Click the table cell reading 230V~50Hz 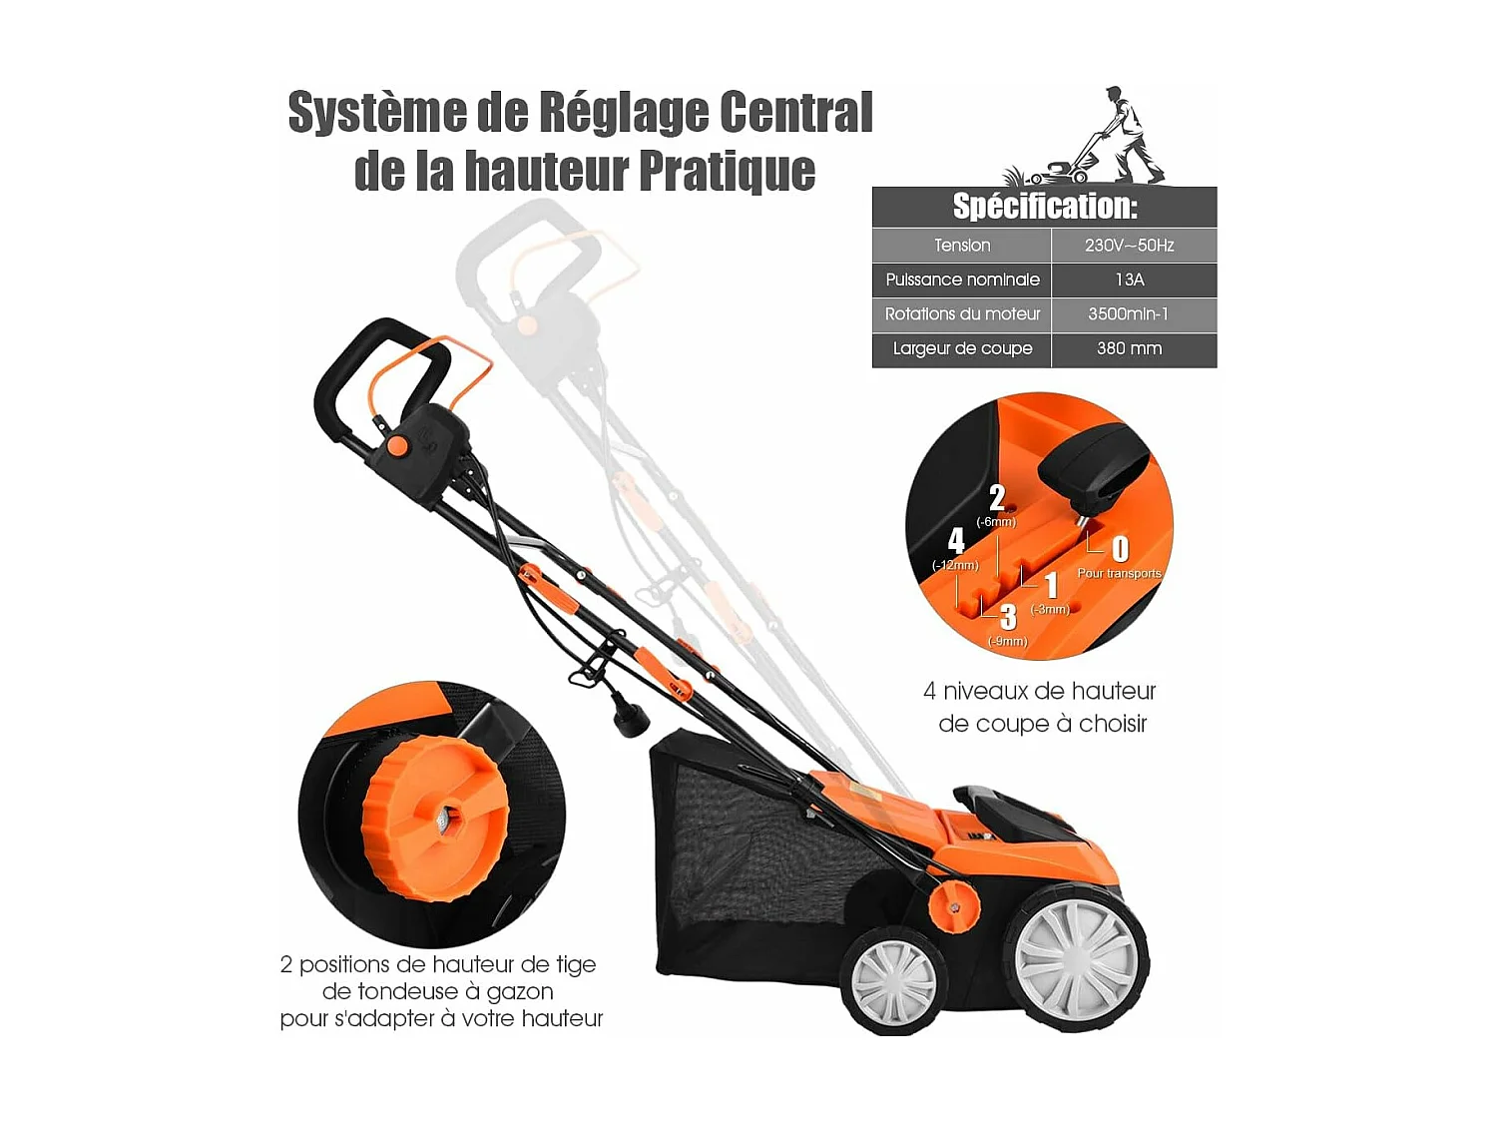point(1129,246)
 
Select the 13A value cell point(1129,280)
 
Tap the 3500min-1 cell point(1129,314)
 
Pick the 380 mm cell point(1129,348)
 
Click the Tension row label point(962,246)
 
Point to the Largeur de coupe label point(962,348)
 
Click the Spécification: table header point(1044,207)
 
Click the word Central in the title point(795,112)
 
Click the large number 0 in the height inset point(1120,549)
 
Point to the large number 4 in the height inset point(956,541)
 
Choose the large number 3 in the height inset point(1008,618)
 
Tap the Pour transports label point(1119,574)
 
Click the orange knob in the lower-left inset point(434,819)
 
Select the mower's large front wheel point(1077,958)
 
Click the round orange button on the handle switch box point(397,445)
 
